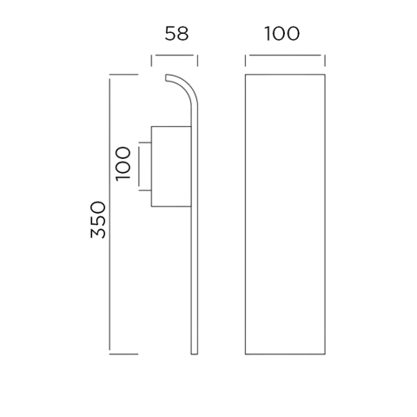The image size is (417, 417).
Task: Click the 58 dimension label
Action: [x=176, y=33]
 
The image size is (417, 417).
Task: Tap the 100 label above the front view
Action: [x=282, y=33]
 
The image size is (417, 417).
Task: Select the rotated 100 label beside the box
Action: [x=123, y=163]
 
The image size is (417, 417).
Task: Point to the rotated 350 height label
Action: [x=98, y=220]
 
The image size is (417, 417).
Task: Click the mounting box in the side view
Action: [x=171, y=167]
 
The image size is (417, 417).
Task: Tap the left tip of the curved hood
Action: [x=166, y=77]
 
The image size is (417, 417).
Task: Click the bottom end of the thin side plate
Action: [x=195, y=354]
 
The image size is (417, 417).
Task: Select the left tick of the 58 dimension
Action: [x=151, y=61]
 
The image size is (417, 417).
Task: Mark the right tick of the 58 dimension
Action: [x=197, y=61]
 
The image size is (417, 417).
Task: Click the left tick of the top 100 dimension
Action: [x=246, y=61]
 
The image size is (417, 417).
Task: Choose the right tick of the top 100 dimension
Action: [x=325, y=61]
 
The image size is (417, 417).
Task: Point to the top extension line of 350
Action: [x=123, y=75]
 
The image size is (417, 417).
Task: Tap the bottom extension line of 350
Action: [x=123, y=354]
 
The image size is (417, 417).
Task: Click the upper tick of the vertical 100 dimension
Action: [x=145, y=142]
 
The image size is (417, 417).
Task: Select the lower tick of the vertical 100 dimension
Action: [x=145, y=190]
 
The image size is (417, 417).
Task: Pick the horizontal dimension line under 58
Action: [x=175, y=55]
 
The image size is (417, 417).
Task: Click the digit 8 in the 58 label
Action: [x=183, y=33]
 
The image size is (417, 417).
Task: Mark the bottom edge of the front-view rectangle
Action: [x=285, y=354]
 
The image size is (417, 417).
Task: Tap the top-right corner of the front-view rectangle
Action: [x=325, y=75]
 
